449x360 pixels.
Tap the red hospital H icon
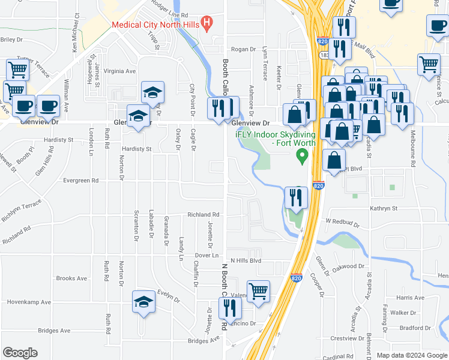coord(207,25)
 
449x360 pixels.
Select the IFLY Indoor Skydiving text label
coord(276,137)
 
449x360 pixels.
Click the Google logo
coord(20,353)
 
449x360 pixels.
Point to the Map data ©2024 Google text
coord(412,355)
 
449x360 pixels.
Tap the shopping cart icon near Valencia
coord(258,291)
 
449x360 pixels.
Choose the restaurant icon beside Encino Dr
coord(229,308)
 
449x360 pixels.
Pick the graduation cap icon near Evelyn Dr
coord(143,304)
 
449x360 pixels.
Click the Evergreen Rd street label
coord(80,180)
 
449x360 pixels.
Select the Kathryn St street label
coord(384,208)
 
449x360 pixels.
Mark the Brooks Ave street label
coord(71,278)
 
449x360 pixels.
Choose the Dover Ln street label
coord(205,255)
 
